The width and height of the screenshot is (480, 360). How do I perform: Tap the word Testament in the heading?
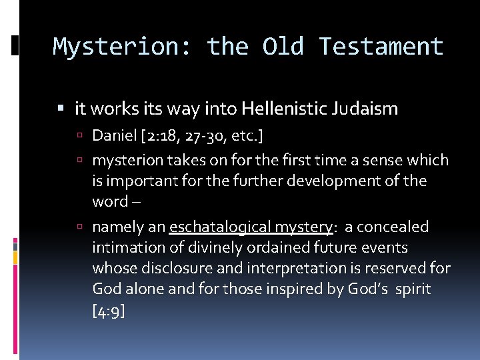[x=381, y=47]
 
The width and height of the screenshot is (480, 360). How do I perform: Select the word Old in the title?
[x=283, y=47]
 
